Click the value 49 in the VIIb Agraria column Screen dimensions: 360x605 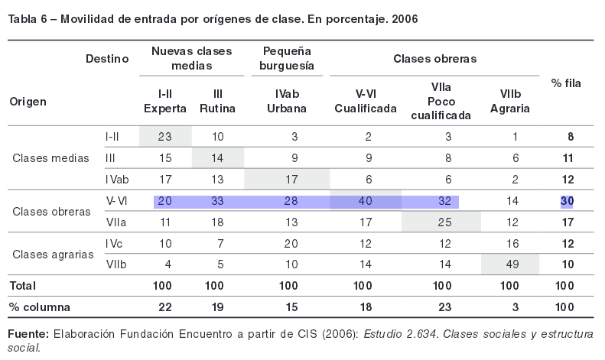click(510, 264)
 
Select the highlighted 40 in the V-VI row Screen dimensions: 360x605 click(365, 201)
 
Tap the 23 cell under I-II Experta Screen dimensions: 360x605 click(165, 136)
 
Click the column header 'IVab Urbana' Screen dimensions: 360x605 click(287, 101)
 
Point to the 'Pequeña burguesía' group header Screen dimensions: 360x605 click(287, 58)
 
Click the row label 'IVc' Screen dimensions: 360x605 click(112, 244)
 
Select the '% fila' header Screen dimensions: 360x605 click(566, 83)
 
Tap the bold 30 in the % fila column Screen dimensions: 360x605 click(566, 201)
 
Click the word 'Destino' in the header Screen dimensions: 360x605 click(107, 58)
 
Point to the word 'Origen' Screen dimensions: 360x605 click(28, 101)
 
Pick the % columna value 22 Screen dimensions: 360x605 click(165, 307)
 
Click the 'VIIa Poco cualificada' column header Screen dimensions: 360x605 click(441, 101)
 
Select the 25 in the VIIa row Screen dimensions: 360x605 click(441, 222)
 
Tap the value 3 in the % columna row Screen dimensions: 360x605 click(510, 307)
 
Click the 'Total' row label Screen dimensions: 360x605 click(22, 285)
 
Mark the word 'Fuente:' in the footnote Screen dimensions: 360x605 click(28, 335)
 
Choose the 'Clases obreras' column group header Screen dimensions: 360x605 click(435, 58)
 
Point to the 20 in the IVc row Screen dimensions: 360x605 click(287, 244)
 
